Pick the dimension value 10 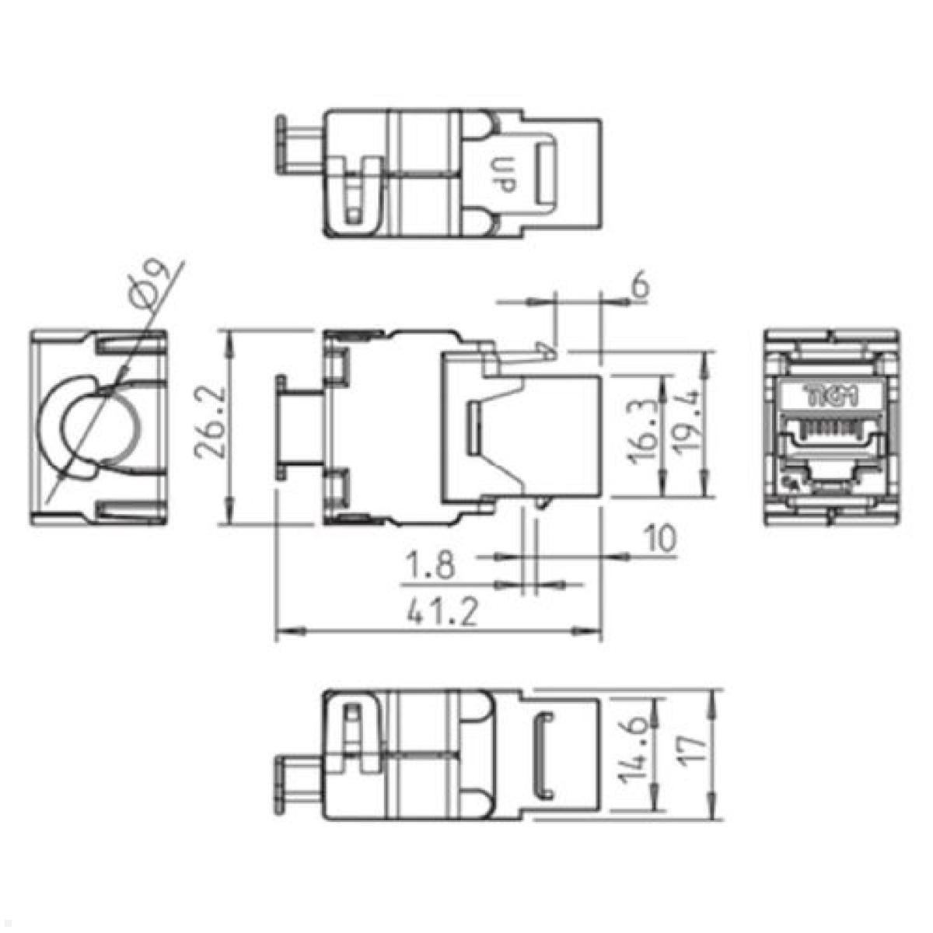point(659,538)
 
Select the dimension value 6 point(641,285)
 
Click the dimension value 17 point(694,752)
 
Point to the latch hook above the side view point(548,349)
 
